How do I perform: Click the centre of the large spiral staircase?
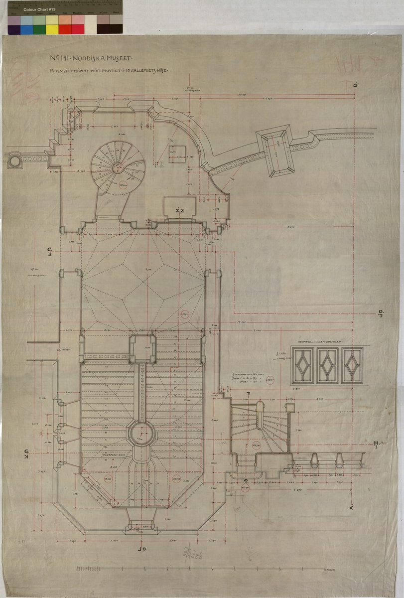click(x=118, y=164)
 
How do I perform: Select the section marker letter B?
click(x=355, y=85)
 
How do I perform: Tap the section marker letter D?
click(x=381, y=313)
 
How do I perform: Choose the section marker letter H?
click(x=377, y=443)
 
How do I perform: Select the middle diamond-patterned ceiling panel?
click(x=328, y=365)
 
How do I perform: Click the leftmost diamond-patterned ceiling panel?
click(x=303, y=365)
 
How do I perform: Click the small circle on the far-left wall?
click(x=14, y=160)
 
